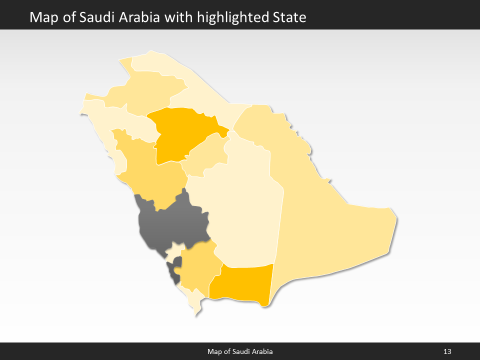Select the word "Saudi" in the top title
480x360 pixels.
click(x=95, y=17)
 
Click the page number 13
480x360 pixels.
click(x=447, y=352)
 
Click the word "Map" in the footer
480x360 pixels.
click(x=214, y=352)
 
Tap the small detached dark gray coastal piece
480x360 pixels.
click(x=174, y=272)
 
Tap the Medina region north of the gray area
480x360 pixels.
click(x=150, y=170)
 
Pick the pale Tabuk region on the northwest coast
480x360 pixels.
click(x=115, y=125)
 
